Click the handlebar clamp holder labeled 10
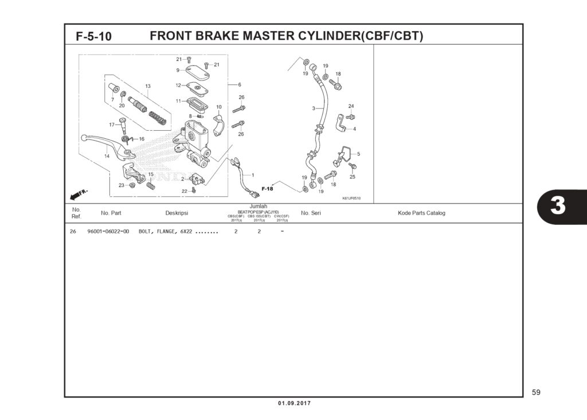(x=219, y=126)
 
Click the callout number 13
(x=147, y=86)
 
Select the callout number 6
(x=240, y=85)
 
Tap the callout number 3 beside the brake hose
(x=314, y=108)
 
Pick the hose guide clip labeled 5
(x=345, y=154)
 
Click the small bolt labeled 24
(x=351, y=116)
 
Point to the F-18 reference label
(x=267, y=189)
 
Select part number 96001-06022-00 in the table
(x=108, y=232)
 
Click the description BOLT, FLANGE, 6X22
(x=166, y=232)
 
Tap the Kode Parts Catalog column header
(x=421, y=213)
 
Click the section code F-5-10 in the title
(x=94, y=37)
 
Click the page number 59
(x=536, y=392)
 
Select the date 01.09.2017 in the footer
(x=294, y=403)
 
